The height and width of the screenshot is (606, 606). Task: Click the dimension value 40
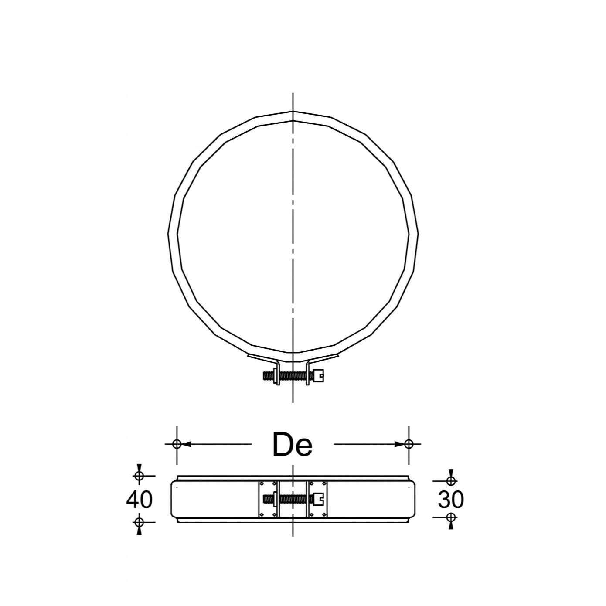click(140, 500)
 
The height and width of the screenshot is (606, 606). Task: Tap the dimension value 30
click(451, 500)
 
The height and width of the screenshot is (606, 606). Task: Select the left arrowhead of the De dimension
click(186, 444)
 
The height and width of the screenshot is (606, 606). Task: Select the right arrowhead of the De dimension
click(400, 444)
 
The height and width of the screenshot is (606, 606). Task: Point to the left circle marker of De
click(177, 444)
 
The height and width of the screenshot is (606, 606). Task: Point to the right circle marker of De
click(409, 444)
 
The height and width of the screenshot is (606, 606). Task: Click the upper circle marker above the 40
click(139, 476)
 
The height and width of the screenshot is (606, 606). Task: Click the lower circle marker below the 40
click(139, 522)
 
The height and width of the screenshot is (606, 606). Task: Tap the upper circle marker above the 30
click(451, 481)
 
